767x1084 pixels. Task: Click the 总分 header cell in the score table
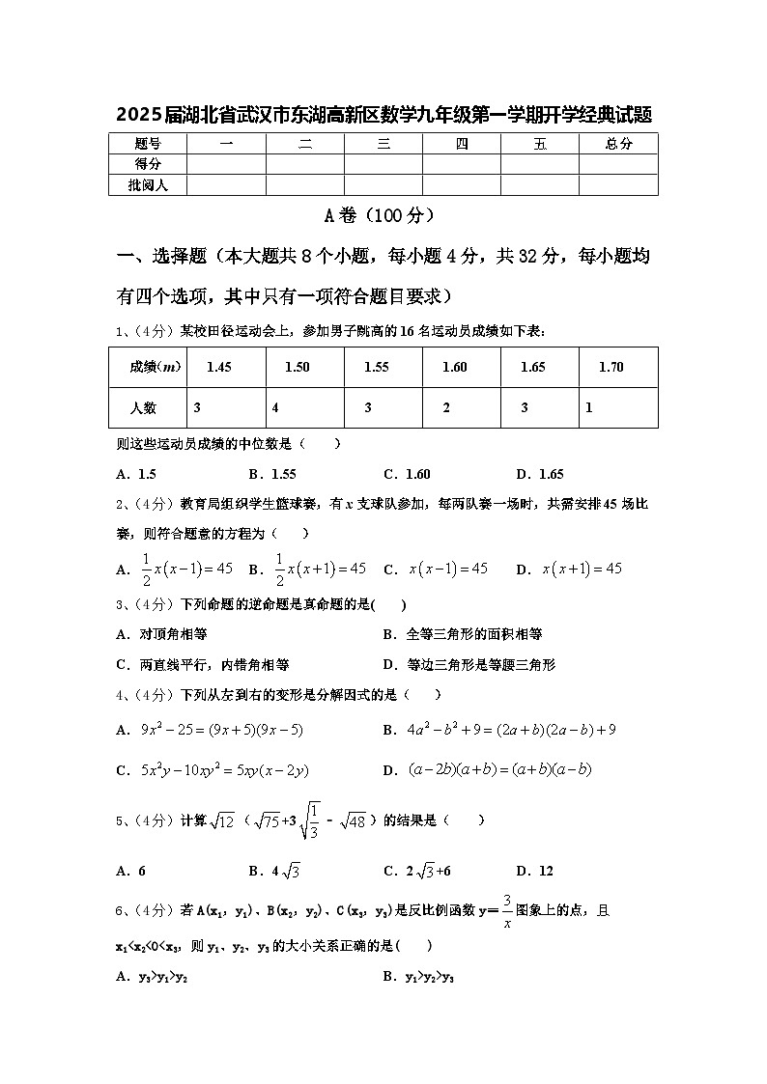[618, 144]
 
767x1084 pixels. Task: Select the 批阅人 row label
[147, 184]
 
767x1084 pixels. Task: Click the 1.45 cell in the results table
[219, 367]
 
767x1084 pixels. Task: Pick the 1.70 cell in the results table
[611, 367]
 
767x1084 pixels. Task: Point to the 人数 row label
[143, 407]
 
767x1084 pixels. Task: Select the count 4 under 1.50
[275, 407]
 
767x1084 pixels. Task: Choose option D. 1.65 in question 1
[540, 474]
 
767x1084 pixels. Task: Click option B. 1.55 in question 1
[271, 474]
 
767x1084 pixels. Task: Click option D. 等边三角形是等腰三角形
[469, 664]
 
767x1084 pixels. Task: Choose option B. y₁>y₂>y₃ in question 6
[418, 977]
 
